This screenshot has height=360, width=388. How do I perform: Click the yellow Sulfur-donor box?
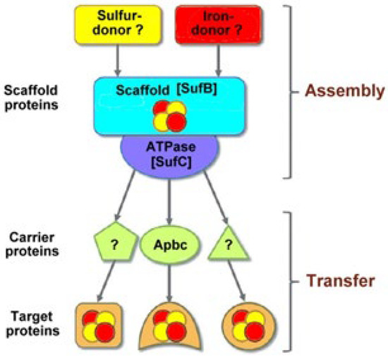[118, 25]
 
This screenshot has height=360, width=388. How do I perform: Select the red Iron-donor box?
[218, 25]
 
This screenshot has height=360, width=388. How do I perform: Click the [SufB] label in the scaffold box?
[197, 89]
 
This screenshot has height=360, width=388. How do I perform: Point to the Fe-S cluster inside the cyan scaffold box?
[170, 116]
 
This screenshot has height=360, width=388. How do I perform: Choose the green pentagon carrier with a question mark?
[115, 241]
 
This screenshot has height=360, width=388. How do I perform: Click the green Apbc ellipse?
[170, 245]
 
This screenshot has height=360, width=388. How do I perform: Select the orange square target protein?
[99, 325]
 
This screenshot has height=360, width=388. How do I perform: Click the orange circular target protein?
[249, 325]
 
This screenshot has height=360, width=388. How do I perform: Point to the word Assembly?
[345, 91]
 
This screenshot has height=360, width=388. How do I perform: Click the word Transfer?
[341, 281]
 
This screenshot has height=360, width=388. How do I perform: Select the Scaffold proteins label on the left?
[32, 97]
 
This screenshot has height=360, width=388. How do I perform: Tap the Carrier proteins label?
[32, 245]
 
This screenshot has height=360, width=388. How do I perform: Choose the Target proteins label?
[32, 324]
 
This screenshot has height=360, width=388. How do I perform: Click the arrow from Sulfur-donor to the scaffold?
[118, 61]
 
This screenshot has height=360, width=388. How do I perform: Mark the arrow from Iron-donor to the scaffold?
[218, 61]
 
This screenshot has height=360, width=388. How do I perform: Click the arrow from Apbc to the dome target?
[169, 283]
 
